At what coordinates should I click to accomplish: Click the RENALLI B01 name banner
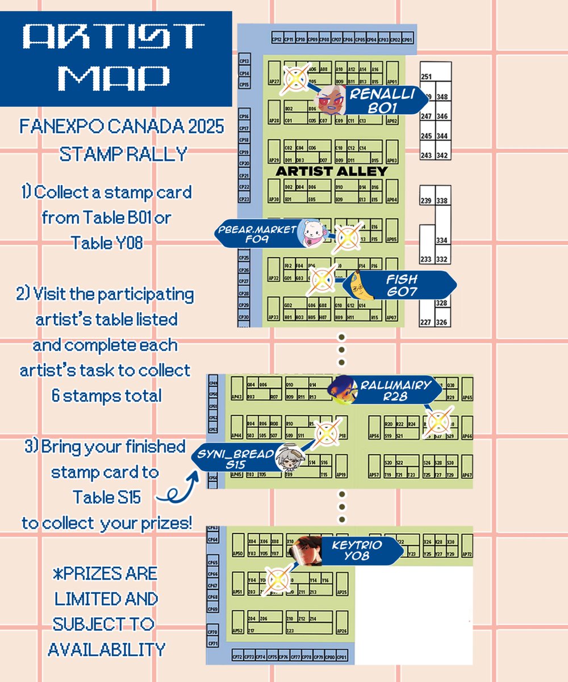coord(382,101)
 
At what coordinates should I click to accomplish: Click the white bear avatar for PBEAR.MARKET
coord(311,232)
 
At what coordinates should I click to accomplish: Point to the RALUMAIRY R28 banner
coord(398,390)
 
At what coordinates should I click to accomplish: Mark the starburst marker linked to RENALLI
coord(296,78)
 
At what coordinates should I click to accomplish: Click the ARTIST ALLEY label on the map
coord(331,171)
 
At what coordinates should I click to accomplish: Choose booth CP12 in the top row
coord(277,39)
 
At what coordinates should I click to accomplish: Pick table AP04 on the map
coord(391,199)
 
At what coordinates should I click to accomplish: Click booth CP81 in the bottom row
coord(341,657)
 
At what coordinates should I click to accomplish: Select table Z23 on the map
coord(290,631)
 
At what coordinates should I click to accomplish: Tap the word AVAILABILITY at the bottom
coord(106,649)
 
